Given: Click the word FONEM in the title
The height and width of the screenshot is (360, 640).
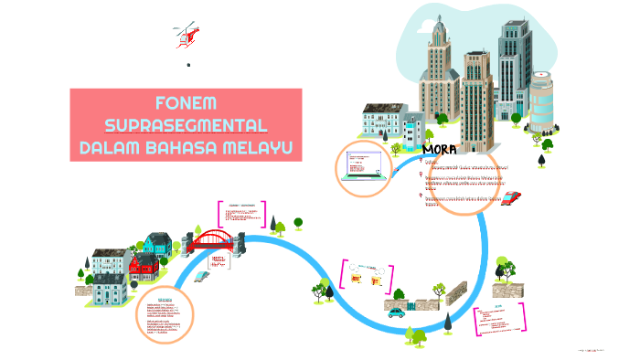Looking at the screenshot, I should click(x=186, y=101).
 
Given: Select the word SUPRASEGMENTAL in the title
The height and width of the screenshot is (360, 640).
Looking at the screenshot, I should click(x=186, y=124).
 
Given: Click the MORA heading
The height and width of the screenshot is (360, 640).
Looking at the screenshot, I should click(x=442, y=148).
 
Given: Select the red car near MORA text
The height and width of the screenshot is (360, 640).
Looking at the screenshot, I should click(x=512, y=197).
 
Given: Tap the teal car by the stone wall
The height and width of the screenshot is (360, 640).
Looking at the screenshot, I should click(x=396, y=312).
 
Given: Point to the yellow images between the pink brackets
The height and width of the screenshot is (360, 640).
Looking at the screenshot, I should click(x=367, y=276).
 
